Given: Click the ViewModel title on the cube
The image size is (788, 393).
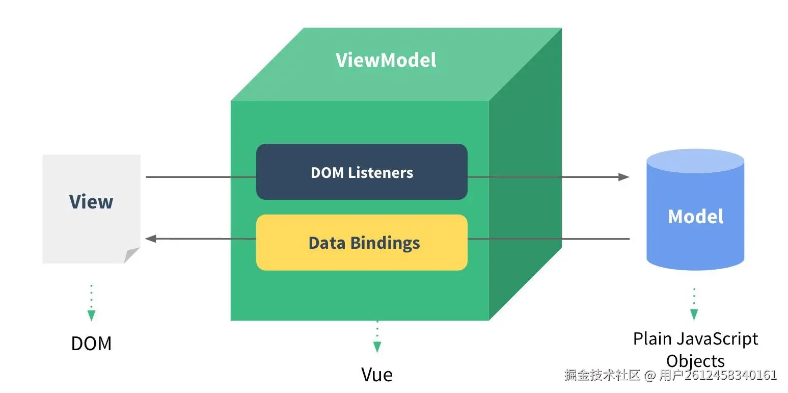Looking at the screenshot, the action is pyautogui.click(x=386, y=60).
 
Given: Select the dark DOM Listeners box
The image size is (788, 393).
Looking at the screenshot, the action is pyautogui.click(x=362, y=172).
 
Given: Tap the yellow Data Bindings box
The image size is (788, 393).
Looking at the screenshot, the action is pyautogui.click(x=362, y=242).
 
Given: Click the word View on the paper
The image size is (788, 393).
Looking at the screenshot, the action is pyautogui.click(x=91, y=201).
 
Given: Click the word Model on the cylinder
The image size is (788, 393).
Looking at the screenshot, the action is pyautogui.click(x=695, y=216).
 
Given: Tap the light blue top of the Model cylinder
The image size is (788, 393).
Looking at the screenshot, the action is pyautogui.click(x=695, y=161).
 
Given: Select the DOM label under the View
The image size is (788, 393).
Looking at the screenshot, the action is pyautogui.click(x=91, y=344).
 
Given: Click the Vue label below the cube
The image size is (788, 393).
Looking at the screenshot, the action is pyautogui.click(x=377, y=375).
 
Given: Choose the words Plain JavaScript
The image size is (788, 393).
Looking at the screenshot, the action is pyautogui.click(x=695, y=339).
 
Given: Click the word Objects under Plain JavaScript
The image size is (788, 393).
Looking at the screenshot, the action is pyautogui.click(x=695, y=361).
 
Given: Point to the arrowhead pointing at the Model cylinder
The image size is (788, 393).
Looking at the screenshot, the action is pyautogui.click(x=623, y=177).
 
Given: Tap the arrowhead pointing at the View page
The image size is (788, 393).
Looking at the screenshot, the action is pyautogui.click(x=151, y=239).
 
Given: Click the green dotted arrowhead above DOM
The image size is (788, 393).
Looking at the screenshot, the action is pyautogui.click(x=92, y=315).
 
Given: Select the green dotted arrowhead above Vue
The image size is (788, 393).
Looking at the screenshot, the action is pyautogui.click(x=377, y=347).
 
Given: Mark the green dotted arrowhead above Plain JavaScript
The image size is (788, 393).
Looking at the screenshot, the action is pyautogui.click(x=694, y=315).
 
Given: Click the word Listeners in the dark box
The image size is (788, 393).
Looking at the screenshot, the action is pyautogui.click(x=381, y=173).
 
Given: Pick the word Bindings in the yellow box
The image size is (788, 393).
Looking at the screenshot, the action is pyautogui.click(x=385, y=243).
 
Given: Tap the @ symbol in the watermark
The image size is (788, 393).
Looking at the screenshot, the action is pyautogui.click(x=650, y=375).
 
